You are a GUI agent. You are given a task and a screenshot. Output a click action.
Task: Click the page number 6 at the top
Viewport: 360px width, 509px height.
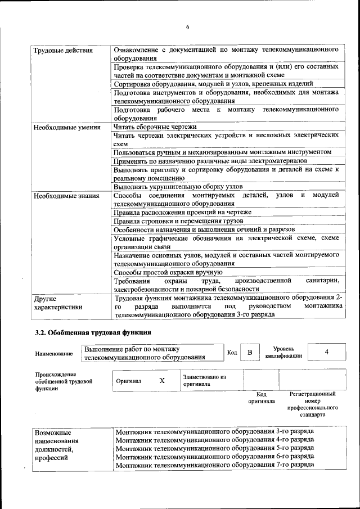tap(188, 27)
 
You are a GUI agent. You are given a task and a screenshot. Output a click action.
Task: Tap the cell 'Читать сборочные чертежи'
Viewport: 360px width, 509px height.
tap(155, 128)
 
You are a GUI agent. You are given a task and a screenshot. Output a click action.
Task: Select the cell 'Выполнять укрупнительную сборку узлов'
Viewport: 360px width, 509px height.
tap(178, 187)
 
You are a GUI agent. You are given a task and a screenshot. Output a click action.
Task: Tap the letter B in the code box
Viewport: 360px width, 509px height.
tap(250, 353)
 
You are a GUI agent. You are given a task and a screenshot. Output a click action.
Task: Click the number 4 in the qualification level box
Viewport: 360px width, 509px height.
tap(326, 352)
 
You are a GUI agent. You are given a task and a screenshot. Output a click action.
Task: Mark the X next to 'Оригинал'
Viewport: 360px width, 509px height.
tap(162, 381)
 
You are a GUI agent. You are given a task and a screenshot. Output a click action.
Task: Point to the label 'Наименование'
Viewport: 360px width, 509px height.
tap(54, 354)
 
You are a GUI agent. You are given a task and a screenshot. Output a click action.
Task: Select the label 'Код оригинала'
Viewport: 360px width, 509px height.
tap(261, 398)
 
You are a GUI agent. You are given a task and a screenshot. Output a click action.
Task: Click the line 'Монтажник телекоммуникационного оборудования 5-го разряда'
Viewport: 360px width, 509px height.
tap(214, 448)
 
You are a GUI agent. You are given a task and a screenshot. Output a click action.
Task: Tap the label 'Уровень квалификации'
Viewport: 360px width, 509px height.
tap(287, 352)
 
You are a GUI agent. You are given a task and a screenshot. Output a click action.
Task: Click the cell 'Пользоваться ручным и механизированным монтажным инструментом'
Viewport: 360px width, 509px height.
tap(222, 152)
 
